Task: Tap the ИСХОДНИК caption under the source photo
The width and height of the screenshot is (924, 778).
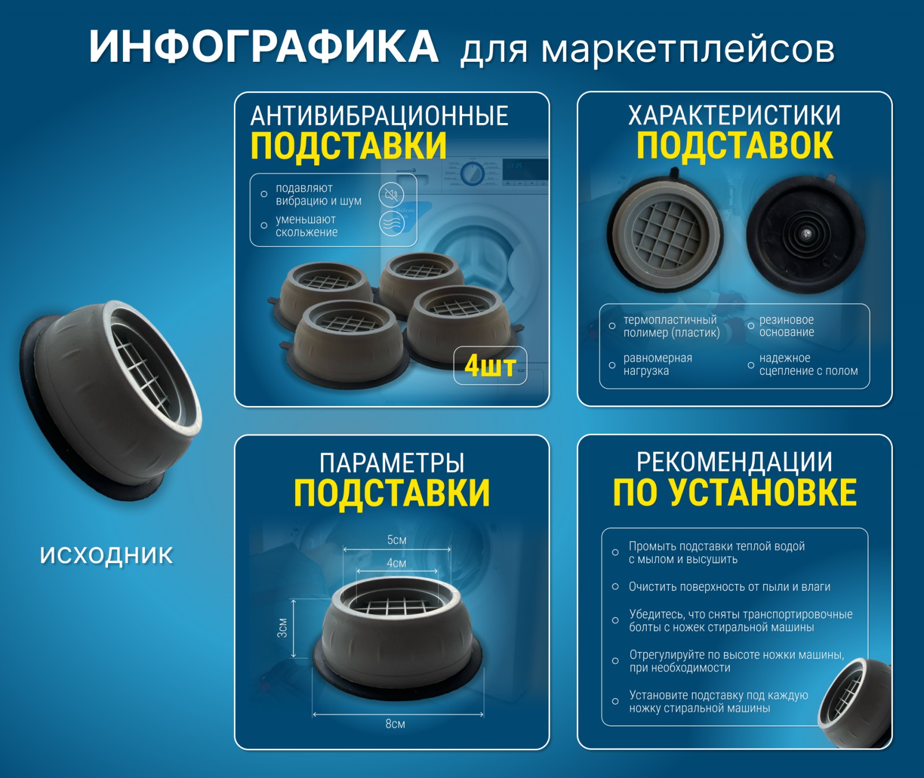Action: [106, 555]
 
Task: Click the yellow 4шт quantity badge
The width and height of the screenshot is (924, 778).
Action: [490, 366]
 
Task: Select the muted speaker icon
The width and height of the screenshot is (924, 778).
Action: [392, 195]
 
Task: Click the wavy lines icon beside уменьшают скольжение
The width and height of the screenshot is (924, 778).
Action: [392, 223]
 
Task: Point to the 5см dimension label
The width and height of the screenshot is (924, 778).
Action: [397, 540]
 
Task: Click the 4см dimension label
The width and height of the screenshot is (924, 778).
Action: [396, 563]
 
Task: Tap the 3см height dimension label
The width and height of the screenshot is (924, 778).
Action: [282, 628]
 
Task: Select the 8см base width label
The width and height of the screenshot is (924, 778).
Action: [396, 724]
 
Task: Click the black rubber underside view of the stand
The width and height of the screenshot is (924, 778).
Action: [806, 234]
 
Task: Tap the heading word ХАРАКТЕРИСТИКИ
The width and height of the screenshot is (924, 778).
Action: [735, 116]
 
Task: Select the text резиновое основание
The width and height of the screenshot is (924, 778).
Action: [787, 326]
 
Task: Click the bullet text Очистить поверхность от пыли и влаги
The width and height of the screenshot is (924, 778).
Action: [729, 587]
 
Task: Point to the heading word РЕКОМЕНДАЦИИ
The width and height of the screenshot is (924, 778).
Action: [735, 462]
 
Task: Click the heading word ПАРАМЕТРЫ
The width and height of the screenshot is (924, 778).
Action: [392, 463]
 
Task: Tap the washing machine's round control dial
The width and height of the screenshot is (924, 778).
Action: [473, 173]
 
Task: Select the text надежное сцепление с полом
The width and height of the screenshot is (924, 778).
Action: [808, 364]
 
